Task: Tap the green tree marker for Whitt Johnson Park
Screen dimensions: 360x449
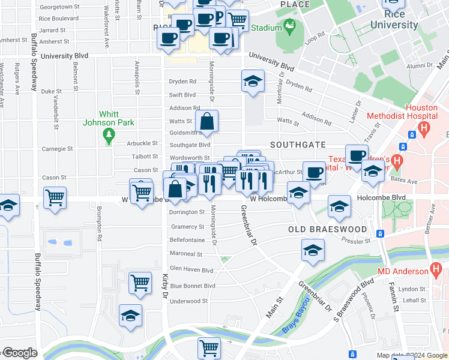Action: pyautogui.click(x=109, y=136)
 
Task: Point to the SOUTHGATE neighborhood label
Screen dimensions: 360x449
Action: pyautogui.click(x=298, y=145)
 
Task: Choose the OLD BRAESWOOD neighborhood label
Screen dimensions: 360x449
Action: pyautogui.click(x=327, y=230)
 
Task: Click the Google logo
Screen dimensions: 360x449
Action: pyautogui.click(x=20, y=353)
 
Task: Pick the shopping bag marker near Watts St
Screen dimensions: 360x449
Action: pyautogui.click(x=206, y=121)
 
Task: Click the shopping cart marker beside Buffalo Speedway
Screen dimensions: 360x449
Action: pyautogui.click(x=55, y=197)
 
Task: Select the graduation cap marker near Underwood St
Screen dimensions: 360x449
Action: pyautogui.click(x=130, y=316)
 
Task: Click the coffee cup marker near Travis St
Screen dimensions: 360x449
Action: pyautogui.click(x=357, y=155)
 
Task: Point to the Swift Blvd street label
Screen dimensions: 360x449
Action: pyautogui.click(x=182, y=95)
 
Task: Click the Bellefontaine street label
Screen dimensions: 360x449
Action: pyautogui.click(x=187, y=240)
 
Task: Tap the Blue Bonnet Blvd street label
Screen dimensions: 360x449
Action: pyautogui.click(x=192, y=286)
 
